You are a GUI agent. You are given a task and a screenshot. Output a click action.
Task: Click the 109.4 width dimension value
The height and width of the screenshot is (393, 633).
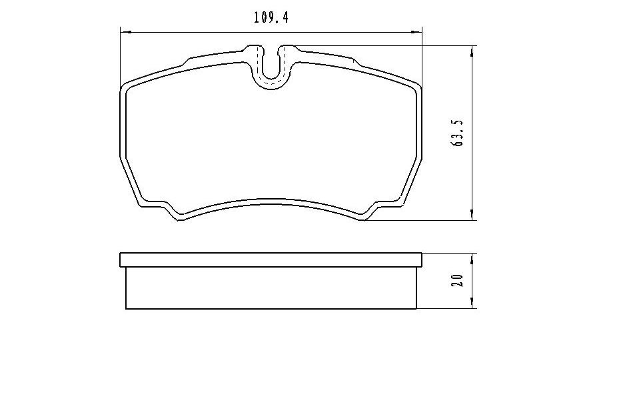(271, 18)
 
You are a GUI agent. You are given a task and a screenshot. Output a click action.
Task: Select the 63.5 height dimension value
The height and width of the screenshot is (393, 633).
(459, 133)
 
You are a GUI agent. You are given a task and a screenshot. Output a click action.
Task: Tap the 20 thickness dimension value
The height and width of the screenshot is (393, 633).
(458, 280)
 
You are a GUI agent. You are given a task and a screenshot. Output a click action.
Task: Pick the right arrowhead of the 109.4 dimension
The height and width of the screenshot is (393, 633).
(415, 31)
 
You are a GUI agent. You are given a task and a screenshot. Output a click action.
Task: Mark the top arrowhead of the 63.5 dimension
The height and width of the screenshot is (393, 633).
(472, 52)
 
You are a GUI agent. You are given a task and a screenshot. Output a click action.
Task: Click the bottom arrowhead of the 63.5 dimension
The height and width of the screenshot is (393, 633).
(472, 215)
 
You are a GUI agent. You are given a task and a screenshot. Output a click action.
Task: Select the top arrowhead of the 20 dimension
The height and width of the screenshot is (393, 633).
(472, 259)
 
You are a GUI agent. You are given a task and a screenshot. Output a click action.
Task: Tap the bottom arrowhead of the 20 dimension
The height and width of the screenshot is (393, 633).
(472, 303)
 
